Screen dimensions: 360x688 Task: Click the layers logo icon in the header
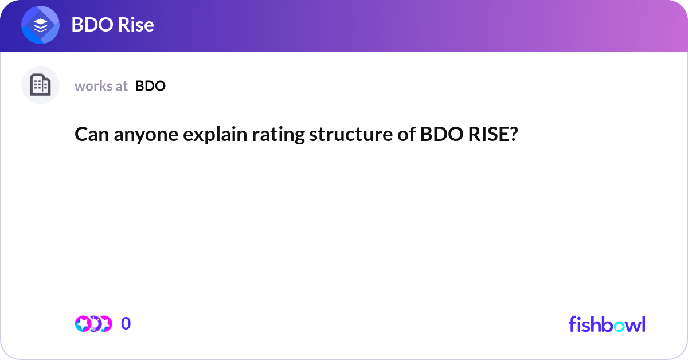(40, 25)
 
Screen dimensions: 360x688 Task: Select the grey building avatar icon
(40, 85)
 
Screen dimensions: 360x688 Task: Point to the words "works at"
(101, 86)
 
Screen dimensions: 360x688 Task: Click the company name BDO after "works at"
(151, 86)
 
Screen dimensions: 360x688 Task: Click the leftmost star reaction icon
(83, 324)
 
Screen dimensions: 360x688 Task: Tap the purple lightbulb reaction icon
(94, 324)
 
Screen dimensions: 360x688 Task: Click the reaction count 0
(126, 324)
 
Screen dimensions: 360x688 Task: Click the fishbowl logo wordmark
(607, 324)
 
